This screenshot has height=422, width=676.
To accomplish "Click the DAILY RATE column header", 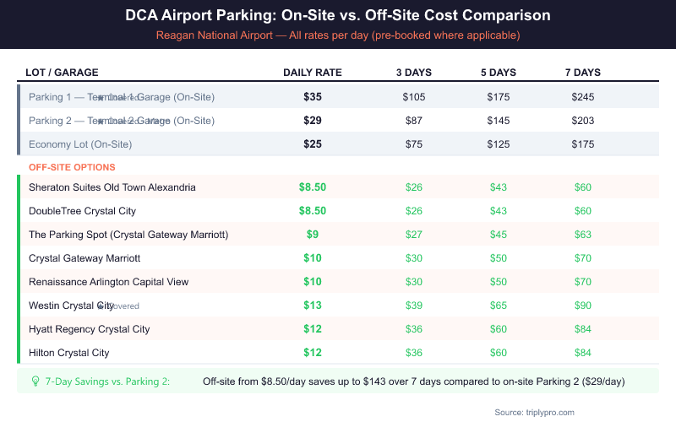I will point(312,73).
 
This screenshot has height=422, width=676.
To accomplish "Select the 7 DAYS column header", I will point(582,73).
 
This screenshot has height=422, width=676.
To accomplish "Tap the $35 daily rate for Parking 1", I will point(313,97).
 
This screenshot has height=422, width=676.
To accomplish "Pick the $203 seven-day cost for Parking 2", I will point(583,121).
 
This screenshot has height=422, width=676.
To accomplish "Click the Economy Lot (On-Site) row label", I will point(80,144).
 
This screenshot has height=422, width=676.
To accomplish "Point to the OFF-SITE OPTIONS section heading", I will point(72,167).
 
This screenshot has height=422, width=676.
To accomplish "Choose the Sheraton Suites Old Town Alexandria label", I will point(112,187).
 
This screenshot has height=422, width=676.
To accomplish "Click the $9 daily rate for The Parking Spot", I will point(313,235).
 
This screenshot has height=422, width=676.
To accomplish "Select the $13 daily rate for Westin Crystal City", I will point(313,306).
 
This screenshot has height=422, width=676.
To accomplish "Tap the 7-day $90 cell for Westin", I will point(583,306).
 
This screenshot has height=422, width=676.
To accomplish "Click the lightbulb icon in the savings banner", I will point(35,381).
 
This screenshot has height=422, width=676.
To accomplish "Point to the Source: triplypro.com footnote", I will point(535,412).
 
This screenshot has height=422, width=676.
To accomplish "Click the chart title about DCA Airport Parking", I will point(338,16).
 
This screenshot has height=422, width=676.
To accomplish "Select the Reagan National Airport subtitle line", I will point(338,35).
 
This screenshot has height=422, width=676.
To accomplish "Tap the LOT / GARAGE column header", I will point(63,73).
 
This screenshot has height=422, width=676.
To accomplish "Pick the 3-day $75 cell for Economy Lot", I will point(414,144).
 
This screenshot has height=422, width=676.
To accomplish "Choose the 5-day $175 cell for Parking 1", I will point(499,97).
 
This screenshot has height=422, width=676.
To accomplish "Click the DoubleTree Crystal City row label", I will point(82,211).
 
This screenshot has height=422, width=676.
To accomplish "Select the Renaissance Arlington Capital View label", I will point(109,282).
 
